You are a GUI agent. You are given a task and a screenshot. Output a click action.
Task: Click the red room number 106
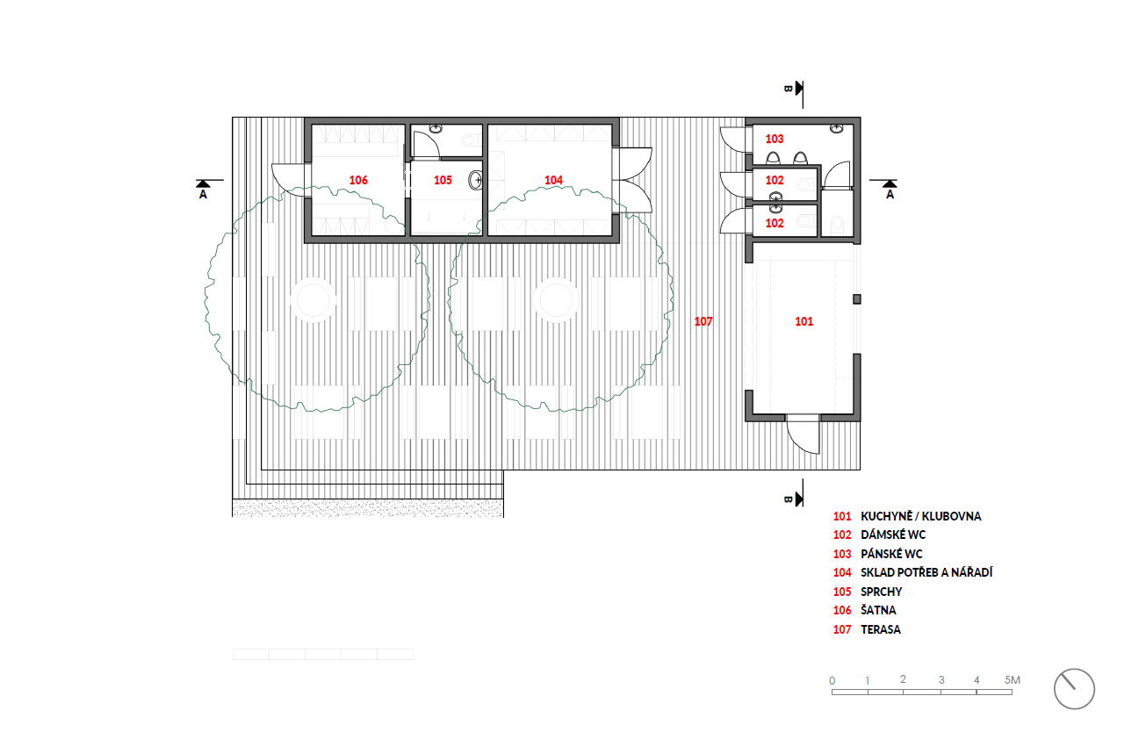coord(358,180)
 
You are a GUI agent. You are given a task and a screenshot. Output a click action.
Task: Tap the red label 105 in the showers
coord(443,180)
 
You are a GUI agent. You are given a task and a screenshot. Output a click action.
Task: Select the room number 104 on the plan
coord(553,180)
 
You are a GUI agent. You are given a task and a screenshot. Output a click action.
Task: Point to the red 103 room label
coord(774,139)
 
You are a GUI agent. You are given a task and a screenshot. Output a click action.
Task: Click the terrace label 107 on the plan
coord(703,321)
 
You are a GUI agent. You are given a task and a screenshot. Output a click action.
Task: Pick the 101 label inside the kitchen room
coord(804,321)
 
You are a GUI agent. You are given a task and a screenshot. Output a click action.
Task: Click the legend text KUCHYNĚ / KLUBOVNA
coord(920,516)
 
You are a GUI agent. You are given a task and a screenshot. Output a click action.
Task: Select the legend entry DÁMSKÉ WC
coord(893,535)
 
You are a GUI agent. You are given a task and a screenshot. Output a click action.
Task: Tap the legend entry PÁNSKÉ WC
coord(891,554)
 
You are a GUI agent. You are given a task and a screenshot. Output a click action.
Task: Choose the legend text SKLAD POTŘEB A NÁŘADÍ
coord(926,572)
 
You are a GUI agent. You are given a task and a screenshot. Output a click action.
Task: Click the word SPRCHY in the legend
coord(881,592)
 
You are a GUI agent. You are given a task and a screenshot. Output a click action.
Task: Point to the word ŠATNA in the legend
coord(878,610)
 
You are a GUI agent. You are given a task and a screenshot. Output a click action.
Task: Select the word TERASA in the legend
coord(881,629)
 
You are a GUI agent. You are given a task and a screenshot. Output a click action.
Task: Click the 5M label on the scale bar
coord(1012,680)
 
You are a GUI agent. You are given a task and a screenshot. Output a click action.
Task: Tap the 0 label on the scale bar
coord(832,681)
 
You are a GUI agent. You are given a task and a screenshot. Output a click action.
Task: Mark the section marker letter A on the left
coord(203,194)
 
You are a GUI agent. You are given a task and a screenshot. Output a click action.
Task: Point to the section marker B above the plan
coord(788,89)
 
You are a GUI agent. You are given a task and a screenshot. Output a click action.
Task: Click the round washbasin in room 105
coord(476,180)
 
